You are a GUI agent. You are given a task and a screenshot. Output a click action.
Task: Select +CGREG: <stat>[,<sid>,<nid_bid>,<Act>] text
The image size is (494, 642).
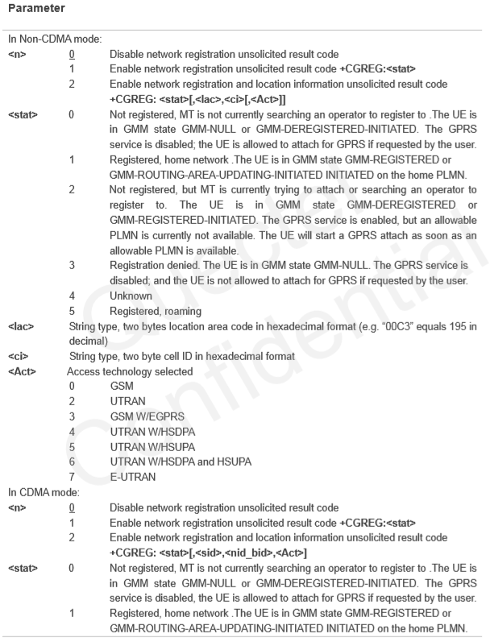(x=194, y=552)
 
